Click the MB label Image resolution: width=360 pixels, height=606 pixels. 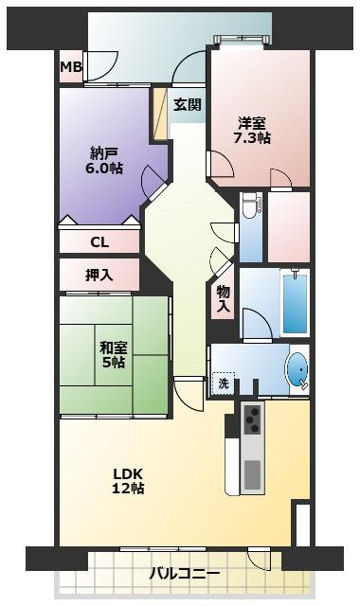(70, 67)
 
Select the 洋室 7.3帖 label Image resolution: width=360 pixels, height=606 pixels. (252, 130)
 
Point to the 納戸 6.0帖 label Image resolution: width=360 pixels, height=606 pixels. (105, 159)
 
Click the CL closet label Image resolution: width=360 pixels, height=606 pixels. (99, 241)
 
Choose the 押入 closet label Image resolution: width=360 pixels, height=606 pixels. (99, 276)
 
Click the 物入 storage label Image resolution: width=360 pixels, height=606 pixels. (223, 299)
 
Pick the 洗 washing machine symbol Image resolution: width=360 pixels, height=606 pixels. (223, 384)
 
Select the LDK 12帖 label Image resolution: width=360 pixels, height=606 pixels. (128, 480)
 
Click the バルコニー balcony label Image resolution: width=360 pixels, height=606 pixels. (185, 574)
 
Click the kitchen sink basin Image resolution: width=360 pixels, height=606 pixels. (252, 472)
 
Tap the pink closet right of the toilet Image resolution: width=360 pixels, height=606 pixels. (288, 226)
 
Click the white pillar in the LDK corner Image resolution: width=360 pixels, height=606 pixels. (301, 526)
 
